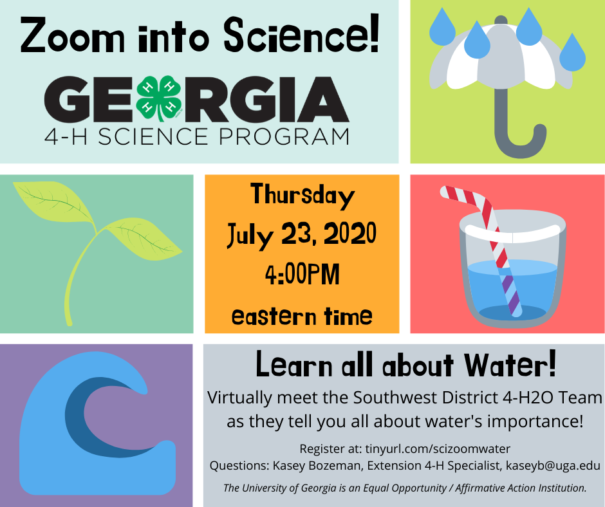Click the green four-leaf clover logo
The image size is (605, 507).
(158, 98)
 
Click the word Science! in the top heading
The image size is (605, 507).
(302, 35)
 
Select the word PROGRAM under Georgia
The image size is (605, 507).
(284, 136)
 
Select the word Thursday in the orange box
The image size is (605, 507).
(302, 196)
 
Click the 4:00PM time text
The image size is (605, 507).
(302, 274)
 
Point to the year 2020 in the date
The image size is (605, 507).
(350, 234)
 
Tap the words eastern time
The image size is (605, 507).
(302, 317)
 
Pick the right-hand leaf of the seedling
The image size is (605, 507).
(144, 239)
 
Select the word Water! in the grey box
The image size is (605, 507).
(510, 364)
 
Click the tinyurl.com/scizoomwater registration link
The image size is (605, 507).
(438, 448)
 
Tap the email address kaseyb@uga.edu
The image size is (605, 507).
(553, 466)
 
